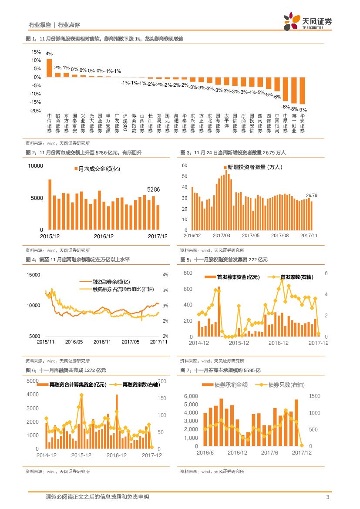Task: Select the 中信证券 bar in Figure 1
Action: pyautogui.click(x=49, y=68)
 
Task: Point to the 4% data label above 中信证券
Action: pyautogui.click(x=49, y=54)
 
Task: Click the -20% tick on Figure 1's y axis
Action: pyautogui.click(x=35, y=111)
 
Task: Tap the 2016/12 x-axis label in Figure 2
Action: pyautogui.click(x=104, y=236)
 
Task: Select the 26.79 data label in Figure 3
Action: pyautogui.click(x=312, y=196)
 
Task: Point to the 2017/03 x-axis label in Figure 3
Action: pyautogui.click(x=221, y=236)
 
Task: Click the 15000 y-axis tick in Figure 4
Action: pyautogui.click(x=33, y=275)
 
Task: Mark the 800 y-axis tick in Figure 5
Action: pyautogui.click(x=188, y=273)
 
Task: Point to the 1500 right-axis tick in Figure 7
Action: pyautogui.click(x=315, y=396)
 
